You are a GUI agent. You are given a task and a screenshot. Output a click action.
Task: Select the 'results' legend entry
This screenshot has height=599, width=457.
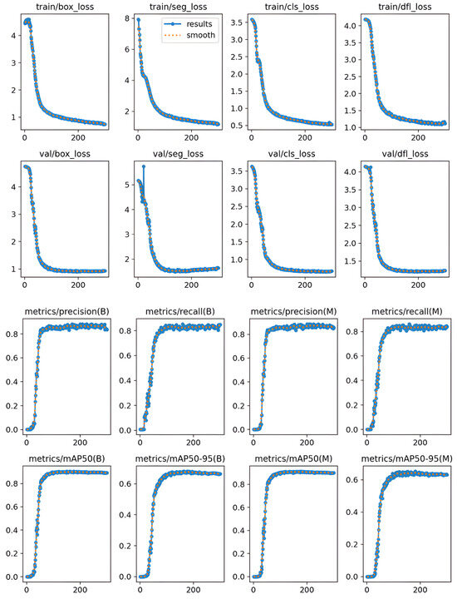click(x=197, y=26)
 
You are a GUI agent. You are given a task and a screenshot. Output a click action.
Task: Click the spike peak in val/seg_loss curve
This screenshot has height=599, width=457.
click(x=143, y=166)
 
